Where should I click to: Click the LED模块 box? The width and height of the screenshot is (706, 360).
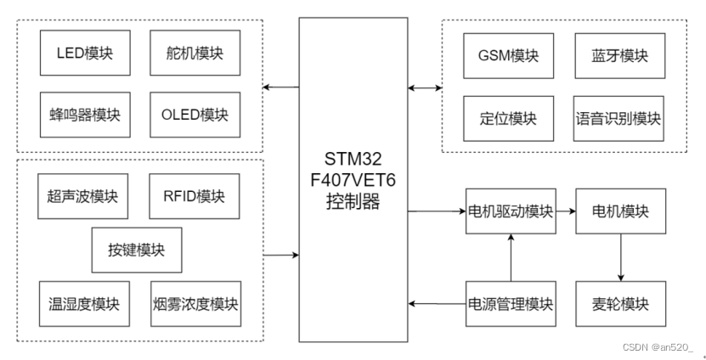click(84, 54)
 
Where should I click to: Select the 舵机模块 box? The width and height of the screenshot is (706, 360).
click(194, 54)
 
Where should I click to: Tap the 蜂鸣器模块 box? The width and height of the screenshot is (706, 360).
click(84, 115)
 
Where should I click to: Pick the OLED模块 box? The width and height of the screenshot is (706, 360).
click(194, 115)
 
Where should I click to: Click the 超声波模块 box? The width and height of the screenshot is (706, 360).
click(82, 197)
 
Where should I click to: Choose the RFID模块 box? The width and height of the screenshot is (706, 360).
click(193, 197)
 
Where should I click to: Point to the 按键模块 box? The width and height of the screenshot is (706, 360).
click(137, 250)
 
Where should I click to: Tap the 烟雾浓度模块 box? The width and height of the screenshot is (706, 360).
click(195, 304)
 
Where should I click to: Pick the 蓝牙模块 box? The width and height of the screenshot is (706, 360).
click(619, 56)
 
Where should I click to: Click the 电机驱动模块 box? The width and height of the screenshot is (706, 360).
click(511, 211)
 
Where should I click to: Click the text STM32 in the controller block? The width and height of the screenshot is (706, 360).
click(352, 160)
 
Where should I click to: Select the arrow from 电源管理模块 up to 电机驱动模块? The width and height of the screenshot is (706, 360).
click(511, 257)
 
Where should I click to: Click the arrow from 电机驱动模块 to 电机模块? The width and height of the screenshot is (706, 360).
click(566, 211)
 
